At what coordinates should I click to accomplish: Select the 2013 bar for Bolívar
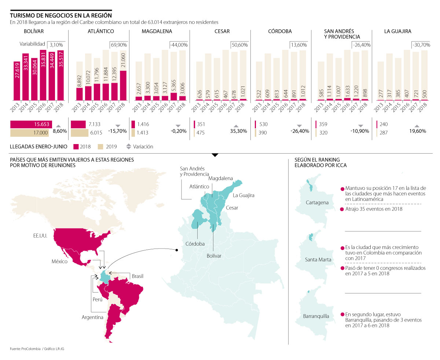pos(16,81)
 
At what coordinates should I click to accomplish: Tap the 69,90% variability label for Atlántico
pos(118,45)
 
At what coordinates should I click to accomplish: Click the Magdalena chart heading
pos(157,32)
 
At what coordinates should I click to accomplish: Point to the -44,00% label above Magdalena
pos(179,45)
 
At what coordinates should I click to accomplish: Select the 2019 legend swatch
pos(101,147)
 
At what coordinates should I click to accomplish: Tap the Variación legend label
pos(143,147)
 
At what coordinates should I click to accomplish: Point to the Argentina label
pos(92,317)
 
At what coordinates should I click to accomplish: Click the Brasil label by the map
pos(137,276)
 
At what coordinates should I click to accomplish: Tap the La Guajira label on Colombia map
pos(243,195)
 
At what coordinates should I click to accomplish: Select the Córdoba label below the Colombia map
pos(195,244)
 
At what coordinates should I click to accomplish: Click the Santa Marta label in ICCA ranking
pos(318,260)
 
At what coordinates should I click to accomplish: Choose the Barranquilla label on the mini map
pos(316,316)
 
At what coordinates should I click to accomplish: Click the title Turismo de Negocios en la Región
pos(60,15)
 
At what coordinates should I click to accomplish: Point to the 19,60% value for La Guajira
pos(418,131)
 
